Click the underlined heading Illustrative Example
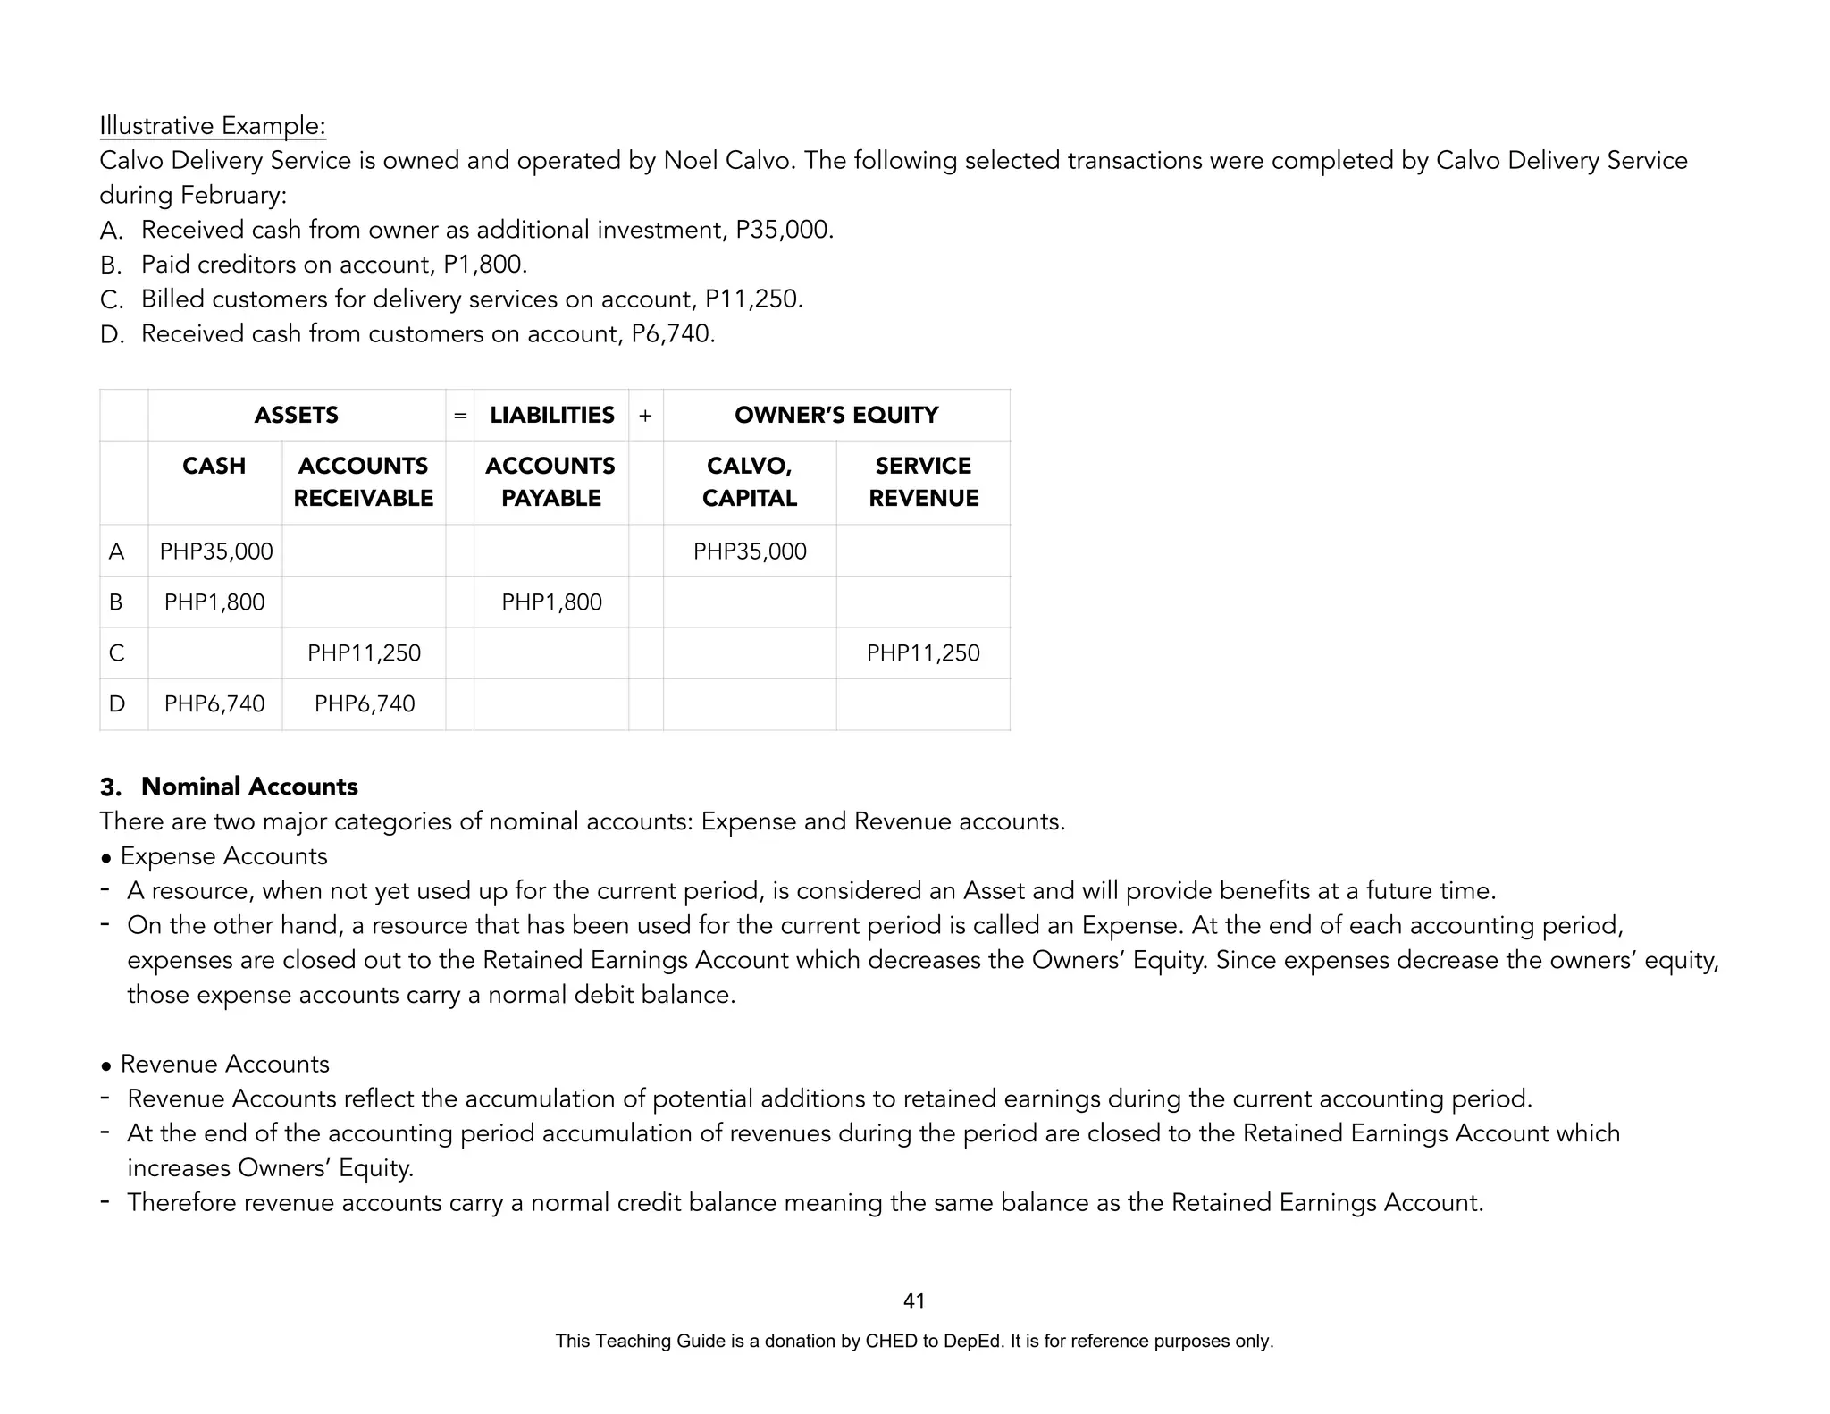(x=213, y=126)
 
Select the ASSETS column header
(x=296, y=416)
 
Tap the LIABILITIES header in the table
(x=551, y=416)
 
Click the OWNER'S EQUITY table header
(x=836, y=416)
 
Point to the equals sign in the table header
(x=460, y=416)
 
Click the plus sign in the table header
(x=645, y=416)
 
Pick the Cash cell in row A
(x=216, y=551)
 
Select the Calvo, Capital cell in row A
(x=750, y=551)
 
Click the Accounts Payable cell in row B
(x=551, y=602)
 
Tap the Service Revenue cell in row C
(x=923, y=653)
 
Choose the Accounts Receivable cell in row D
(x=365, y=704)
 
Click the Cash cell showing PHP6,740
(x=214, y=704)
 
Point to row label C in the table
(x=116, y=653)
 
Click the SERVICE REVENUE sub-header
(x=923, y=482)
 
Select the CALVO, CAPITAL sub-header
(x=749, y=482)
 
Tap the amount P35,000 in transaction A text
(x=784, y=231)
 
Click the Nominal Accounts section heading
(x=248, y=787)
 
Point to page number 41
(x=914, y=1301)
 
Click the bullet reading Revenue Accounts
(x=224, y=1065)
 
